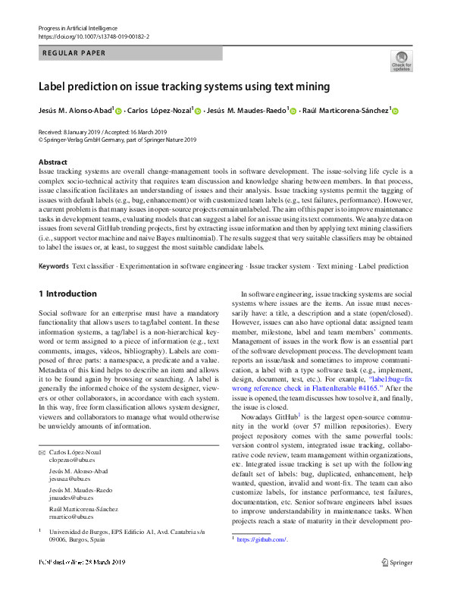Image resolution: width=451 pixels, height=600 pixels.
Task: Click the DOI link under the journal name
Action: tap(93, 36)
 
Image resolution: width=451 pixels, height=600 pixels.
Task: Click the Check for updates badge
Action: tap(401, 61)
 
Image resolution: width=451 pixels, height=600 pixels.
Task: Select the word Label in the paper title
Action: tap(55, 87)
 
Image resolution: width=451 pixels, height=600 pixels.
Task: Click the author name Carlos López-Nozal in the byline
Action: tap(160, 111)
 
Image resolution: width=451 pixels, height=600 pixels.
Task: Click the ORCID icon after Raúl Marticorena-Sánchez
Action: tap(396, 111)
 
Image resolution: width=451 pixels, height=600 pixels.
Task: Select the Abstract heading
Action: tap(53, 162)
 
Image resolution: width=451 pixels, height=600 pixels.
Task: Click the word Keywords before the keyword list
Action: tap(53, 267)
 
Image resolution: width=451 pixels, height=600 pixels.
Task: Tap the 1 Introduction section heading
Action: tap(67, 294)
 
